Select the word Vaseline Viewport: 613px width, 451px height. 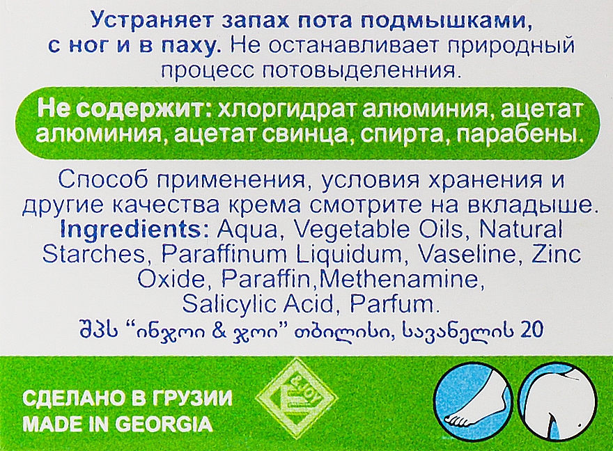click(462, 255)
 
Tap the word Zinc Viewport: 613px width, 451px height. click(557, 255)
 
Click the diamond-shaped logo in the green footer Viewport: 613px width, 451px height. click(296, 397)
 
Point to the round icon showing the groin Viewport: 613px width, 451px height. click(560, 404)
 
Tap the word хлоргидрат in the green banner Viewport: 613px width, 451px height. click(286, 110)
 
